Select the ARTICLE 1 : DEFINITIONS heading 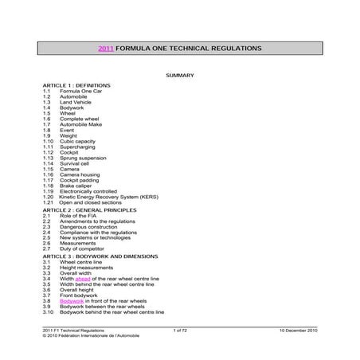[x=76, y=85]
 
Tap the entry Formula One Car [x=77, y=91]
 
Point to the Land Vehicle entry [x=75, y=102]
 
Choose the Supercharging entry [x=76, y=147]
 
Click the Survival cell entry [x=75, y=163]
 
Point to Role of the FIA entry [x=78, y=215]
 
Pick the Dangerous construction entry [x=84, y=226]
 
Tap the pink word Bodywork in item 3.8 [x=72, y=301]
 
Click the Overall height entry [x=76, y=290]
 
